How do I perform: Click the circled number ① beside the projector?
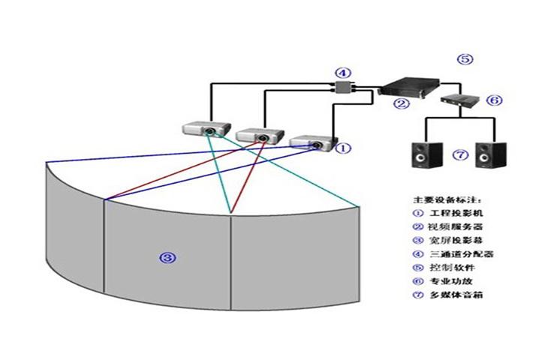[342, 148]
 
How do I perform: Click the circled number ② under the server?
[402, 103]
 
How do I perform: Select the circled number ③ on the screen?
[168, 257]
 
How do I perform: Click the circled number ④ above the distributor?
[342, 73]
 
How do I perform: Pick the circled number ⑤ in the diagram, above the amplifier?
[465, 58]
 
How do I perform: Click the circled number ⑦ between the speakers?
[460, 156]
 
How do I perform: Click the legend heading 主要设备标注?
[447, 200]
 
